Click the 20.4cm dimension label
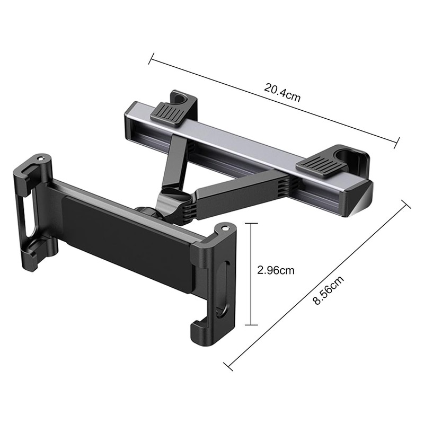point(282,92)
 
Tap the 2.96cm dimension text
point(276,270)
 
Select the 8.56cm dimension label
point(329,290)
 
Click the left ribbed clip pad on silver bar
point(169,114)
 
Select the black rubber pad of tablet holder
point(127,242)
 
